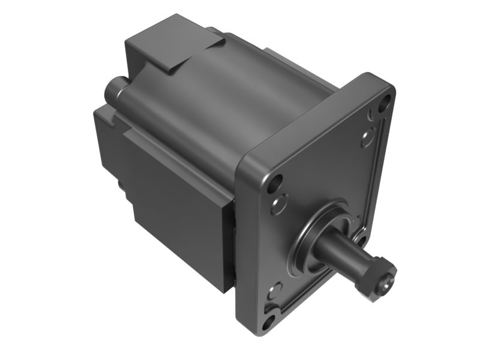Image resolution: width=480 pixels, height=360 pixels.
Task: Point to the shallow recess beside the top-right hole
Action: (367, 140)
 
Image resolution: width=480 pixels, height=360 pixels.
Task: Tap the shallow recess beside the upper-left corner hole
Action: (278, 206)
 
